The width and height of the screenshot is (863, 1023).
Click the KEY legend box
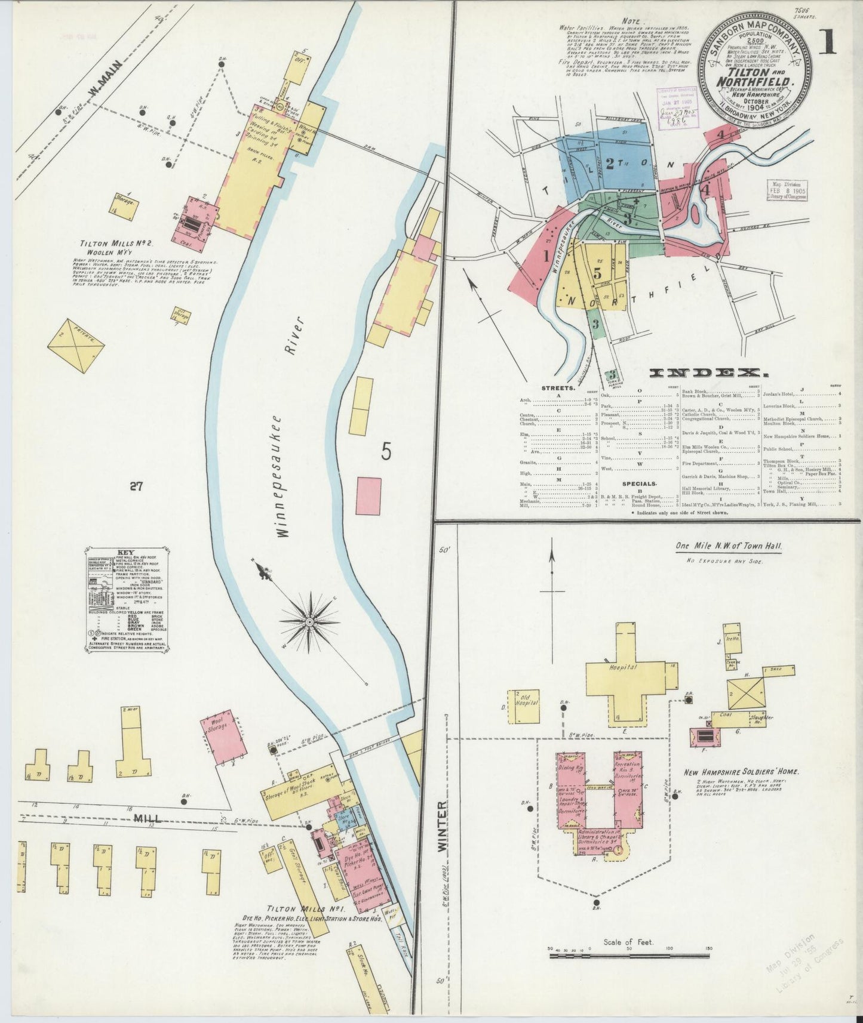(127, 599)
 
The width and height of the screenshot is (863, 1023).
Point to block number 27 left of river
(136, 487)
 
